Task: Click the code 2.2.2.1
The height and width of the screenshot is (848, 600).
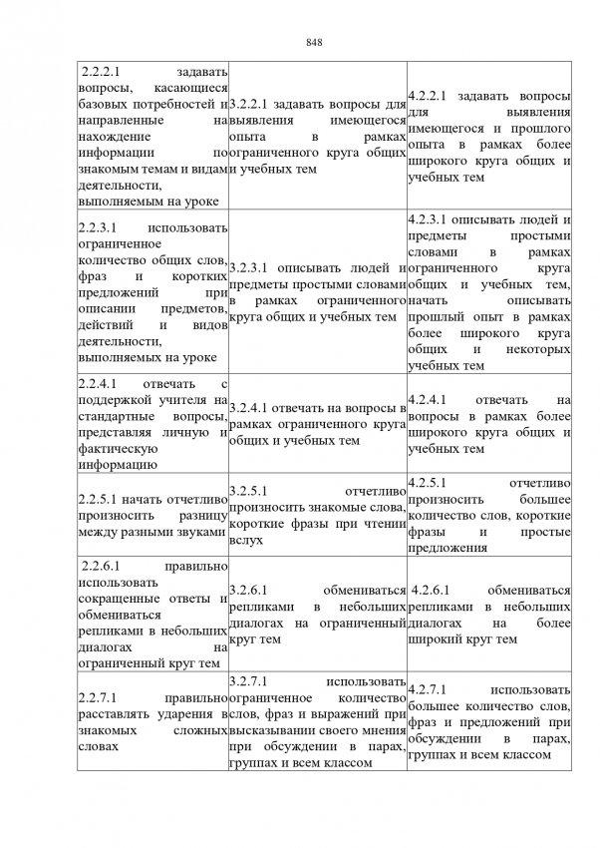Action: click(101, 72)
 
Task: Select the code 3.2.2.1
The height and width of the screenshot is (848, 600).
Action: click(249, 104)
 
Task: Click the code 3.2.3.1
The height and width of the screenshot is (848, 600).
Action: click(249, 268)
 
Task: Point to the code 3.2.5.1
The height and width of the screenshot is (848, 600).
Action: click(249, 491)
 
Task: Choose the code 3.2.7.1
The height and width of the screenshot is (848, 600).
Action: click(249, 680)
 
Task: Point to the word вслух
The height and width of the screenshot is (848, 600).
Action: click(245, 540)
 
